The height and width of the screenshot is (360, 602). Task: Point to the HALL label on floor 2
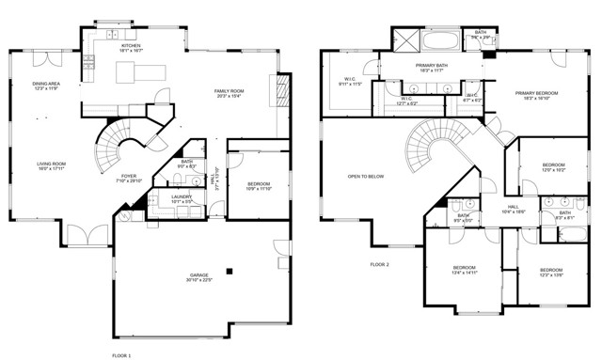[514, 209]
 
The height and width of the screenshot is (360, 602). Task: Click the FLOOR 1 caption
[121, 355]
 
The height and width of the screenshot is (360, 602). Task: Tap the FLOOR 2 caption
[379, 265]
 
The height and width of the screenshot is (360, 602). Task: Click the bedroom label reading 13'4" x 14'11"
[466, 270]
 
